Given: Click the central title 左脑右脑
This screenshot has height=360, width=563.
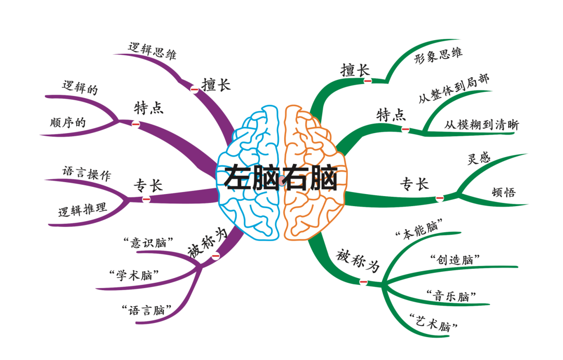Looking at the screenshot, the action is click(x=281, y=177).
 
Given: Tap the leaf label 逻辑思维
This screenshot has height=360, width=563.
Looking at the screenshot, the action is click(x=152, y=51).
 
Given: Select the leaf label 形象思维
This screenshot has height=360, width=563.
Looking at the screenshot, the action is click(x=438, y=55).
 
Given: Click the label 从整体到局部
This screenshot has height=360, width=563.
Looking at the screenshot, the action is click(x=454, y=88).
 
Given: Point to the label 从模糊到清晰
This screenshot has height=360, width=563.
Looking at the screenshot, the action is click(x=482, y=125).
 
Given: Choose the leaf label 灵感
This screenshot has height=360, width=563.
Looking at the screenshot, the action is click(x=479, y=158).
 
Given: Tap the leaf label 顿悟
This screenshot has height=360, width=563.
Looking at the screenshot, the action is click(x=504, y=192).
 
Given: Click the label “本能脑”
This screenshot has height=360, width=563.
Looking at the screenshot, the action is click(x=419, y=229).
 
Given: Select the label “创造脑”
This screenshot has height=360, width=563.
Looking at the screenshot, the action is click(x=455, y=259).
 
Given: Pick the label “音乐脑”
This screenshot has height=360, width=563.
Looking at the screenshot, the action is click(x=451, y=296).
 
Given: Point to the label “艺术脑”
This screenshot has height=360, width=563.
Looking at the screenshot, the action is click(x=434, y=322).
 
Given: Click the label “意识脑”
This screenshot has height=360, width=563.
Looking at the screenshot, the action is click(x=148, y=243).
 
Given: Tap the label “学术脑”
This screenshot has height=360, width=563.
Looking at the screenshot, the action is click(x=134, y=275).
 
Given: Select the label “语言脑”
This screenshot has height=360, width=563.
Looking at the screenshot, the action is click(x=146, y=310).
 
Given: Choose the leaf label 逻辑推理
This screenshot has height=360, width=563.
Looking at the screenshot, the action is click(x=82, y=209).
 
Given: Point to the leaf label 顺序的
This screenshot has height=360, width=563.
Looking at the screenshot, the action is click(x=68, y=123).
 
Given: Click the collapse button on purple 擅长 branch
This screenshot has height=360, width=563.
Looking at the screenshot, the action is click(x=194, y=89).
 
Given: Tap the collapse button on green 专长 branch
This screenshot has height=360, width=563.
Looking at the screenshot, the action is click(x=439, y=198).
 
